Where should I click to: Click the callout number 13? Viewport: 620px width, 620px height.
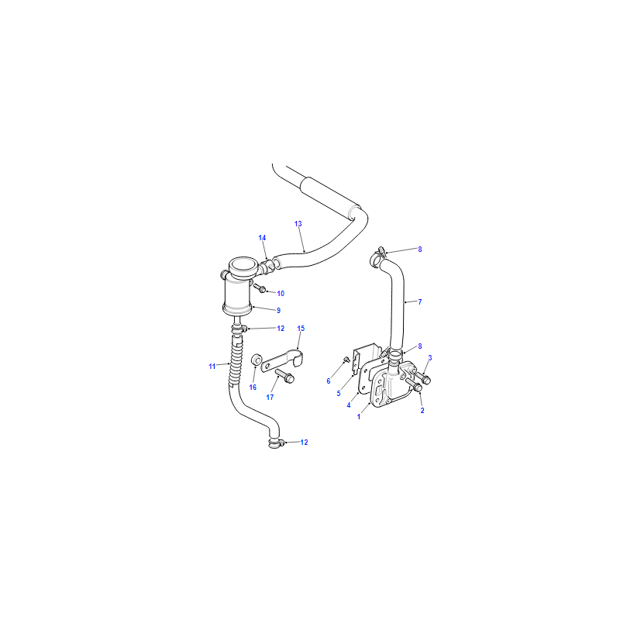(x=298, y=224)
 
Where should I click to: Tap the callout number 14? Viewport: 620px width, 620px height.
(x=262, y=238)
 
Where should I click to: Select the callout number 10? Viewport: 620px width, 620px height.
(x=281, y=294)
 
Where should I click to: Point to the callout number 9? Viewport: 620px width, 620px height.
(x=278, y=311)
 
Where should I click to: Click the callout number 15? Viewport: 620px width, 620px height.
(x=301, y=328)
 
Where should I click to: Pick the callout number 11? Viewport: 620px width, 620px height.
(x=212, y=367)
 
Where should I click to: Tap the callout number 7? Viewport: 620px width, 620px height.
(x=420, y=302)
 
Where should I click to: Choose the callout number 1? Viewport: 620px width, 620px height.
(x=359, y=417)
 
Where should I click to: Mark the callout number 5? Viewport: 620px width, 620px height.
(x=339, y=394)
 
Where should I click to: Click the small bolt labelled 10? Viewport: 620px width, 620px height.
(x=260, y=288)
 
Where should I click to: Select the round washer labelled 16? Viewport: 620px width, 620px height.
(x=257, y=360)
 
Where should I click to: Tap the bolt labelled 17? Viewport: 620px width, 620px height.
(x=284, y=376)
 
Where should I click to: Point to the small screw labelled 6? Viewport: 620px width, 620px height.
(x=346, y=359)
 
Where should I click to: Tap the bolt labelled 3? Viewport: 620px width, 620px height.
(x=422, y=377)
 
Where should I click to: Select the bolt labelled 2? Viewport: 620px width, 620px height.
(x=415, y=384)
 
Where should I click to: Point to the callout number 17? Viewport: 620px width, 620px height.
(x=270, y=398)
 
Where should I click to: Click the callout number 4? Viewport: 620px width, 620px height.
(x=348, y=405)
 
